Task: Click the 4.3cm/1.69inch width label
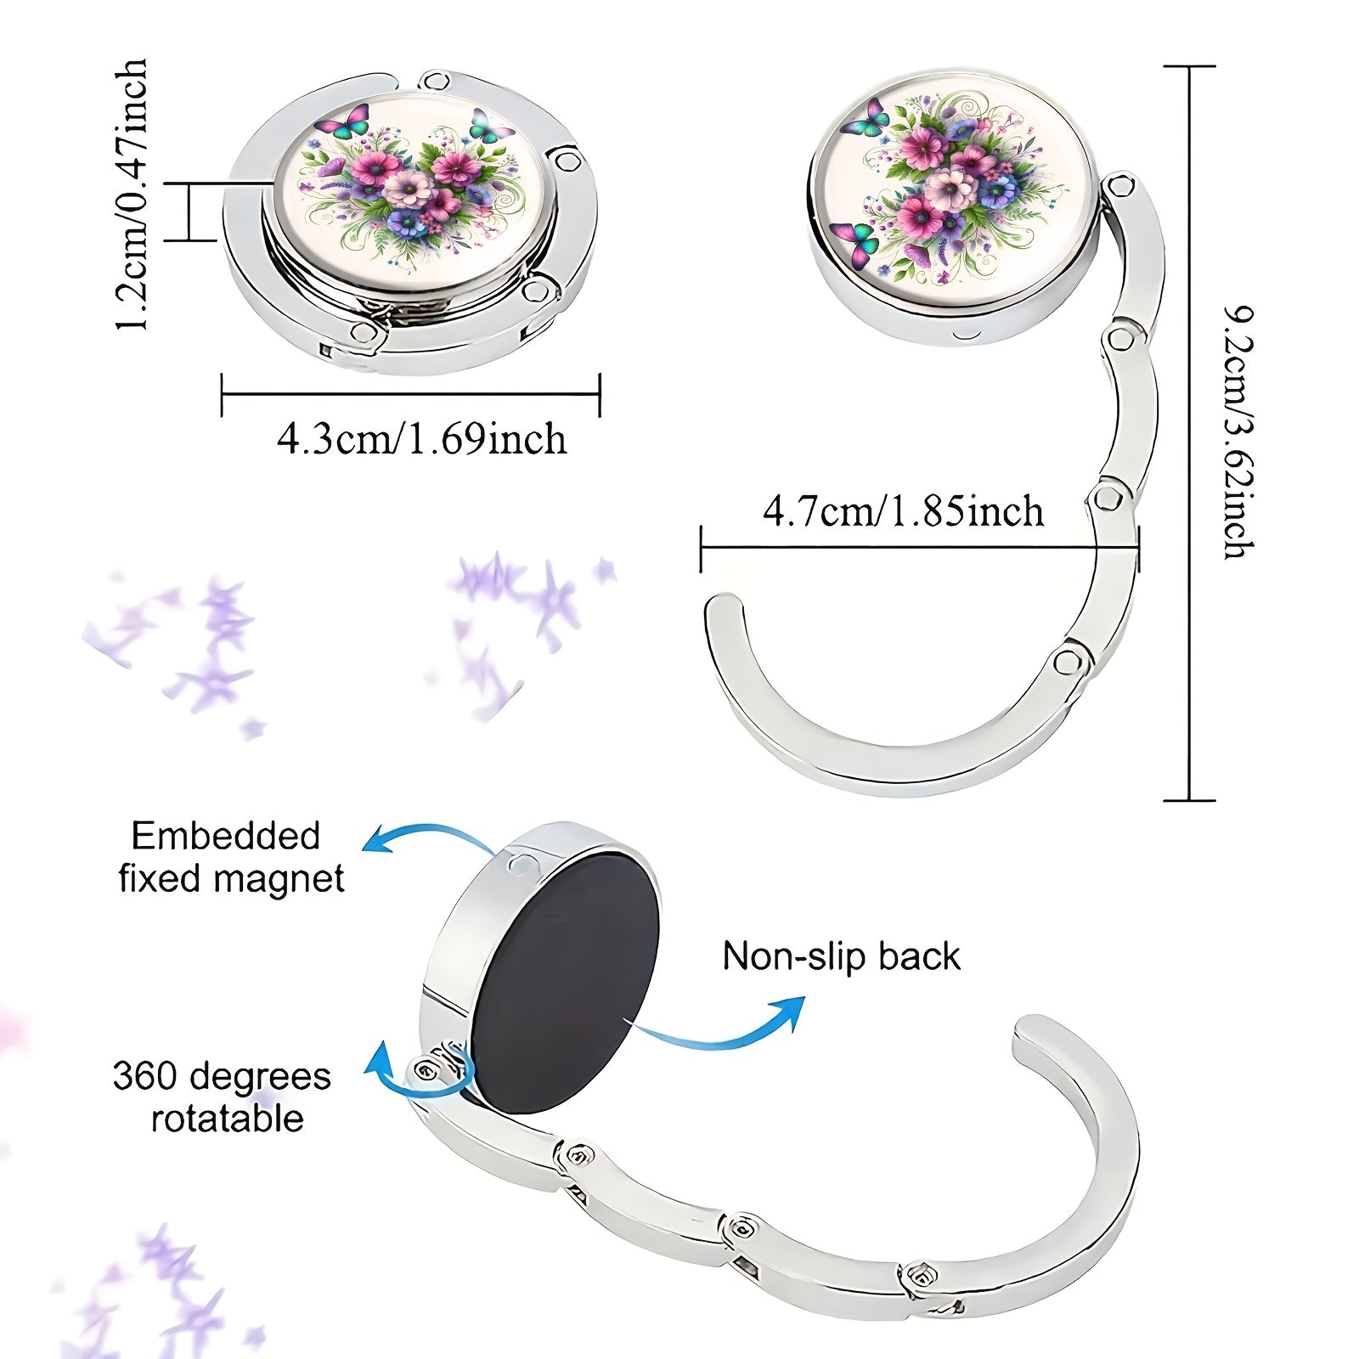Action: tap(421, 439)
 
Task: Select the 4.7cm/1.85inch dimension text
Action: tap(903, 511)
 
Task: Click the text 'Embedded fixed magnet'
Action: tap(231, 857)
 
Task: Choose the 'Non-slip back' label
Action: tap(841, 956)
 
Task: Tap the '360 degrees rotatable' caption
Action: tap(223, 1097)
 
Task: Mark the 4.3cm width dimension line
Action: tap(411, 394)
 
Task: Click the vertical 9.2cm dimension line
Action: tap(1189, 433)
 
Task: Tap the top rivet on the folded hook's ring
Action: tap(437, 82)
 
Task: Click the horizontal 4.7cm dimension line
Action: tap(920, 549)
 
